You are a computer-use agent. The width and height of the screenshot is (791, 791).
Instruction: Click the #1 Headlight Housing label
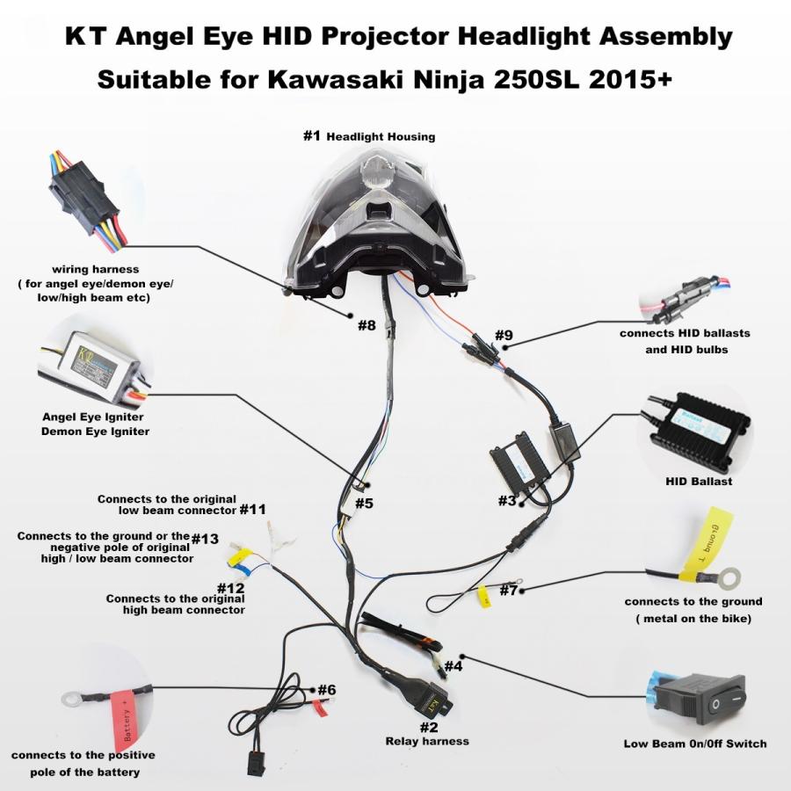point(369,136)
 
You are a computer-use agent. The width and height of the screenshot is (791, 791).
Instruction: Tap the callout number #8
point(366,325)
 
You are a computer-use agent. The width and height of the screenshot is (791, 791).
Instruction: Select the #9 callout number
point(504,335)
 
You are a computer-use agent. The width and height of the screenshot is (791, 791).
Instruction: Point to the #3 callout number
point(507,500)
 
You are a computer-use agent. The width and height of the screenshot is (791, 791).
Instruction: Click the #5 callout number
point(364,503)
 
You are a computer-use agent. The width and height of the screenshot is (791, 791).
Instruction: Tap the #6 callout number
point(327,690)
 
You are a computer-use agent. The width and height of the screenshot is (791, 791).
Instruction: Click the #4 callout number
point(453,666)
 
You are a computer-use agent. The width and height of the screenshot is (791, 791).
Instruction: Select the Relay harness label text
point(427,741)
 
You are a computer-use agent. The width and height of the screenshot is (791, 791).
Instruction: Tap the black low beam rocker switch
point(699,698)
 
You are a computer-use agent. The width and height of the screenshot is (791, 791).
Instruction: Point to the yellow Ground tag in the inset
point(708,544)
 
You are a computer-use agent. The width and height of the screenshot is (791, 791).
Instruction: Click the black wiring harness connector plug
point(83,197)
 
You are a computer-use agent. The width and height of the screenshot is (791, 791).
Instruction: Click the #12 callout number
point(230,588)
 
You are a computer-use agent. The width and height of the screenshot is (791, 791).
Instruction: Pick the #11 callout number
point(252,510)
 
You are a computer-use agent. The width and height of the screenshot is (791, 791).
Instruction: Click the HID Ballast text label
point(699,482)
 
